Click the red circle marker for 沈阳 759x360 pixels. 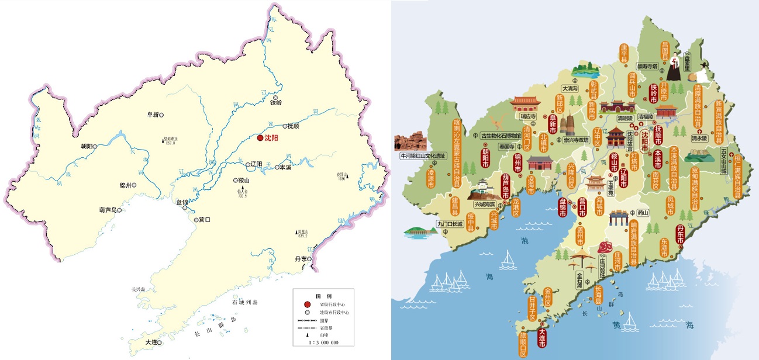(x=260, y=138)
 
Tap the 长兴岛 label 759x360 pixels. (x=140, y=289)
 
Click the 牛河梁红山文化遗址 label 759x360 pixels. (x=423, y=156)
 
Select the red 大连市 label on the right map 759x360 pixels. (x=542, y=340)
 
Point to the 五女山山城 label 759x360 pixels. (x=723, y=161)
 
